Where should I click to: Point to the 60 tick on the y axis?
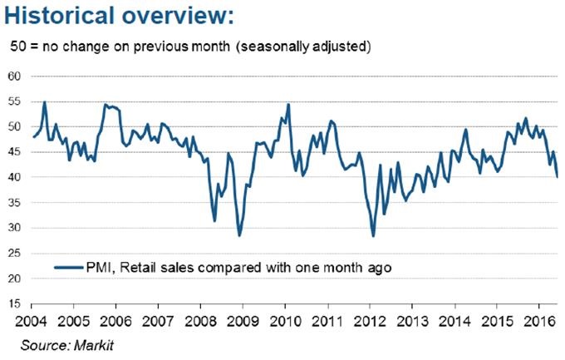click(x=15, y=76)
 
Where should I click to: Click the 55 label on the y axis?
click(x=15, y=101)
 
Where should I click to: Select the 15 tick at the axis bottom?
click(x=15, y=304)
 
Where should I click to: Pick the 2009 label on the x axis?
click(x=242, y=319)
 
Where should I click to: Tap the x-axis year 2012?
click(x=370, y=319)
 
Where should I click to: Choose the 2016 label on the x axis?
click(x=540, y=319)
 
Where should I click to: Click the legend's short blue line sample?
click(x=68, y=268)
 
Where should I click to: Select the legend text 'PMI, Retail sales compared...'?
click(x=238, y=268)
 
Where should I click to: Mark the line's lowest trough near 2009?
click(x=239, y=236)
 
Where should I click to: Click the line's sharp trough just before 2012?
click(x=373, y=236)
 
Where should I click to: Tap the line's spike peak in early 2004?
click(x=45, y=101)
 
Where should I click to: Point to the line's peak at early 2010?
click(x=288, y=104)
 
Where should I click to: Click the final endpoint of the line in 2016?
click(x=557, y=177)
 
